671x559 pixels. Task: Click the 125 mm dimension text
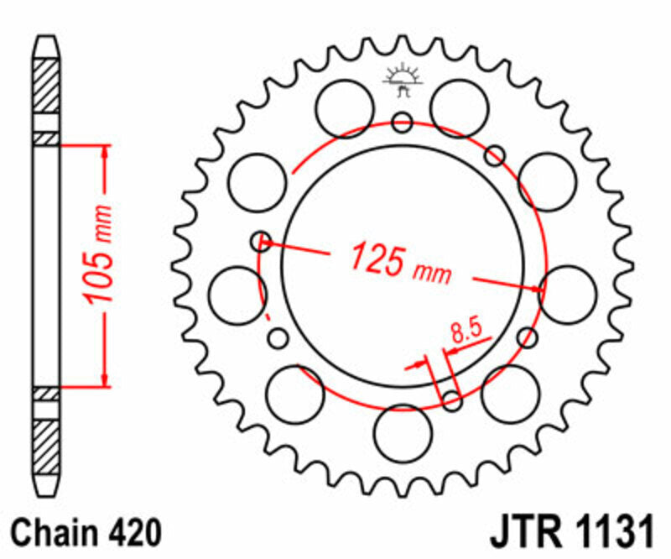coord(400,261)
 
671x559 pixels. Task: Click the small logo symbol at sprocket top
coord(402,81)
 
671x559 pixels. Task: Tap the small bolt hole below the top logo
coord(403,123)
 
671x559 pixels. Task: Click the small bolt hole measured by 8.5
coord(452,401)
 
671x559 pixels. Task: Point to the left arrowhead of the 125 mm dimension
coord(268,245)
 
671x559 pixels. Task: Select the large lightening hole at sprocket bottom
coord(403,432)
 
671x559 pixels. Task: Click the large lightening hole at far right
coord(568,294)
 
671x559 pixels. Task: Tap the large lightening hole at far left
coord(237,295)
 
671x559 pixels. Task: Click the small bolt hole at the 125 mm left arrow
coord(261,242)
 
